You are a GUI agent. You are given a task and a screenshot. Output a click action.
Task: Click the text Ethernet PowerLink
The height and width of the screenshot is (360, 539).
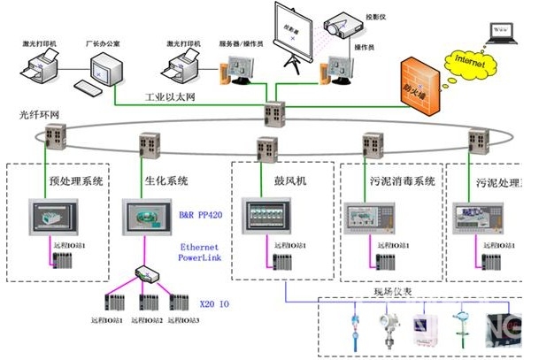tap(199, 253)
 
